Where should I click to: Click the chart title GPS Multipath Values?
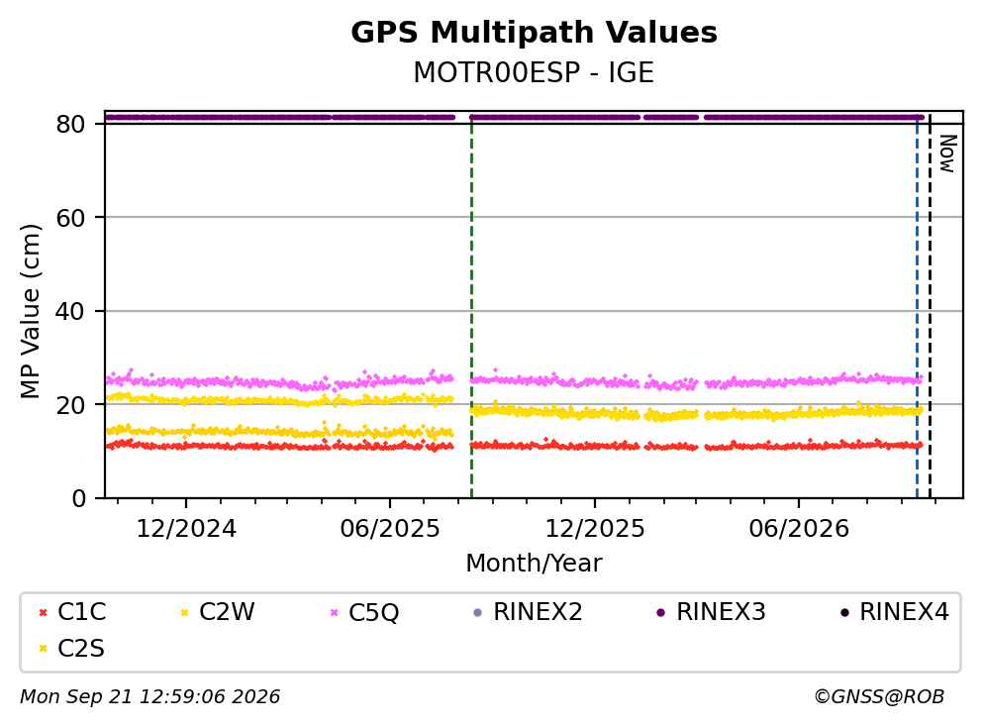tap(534, 33)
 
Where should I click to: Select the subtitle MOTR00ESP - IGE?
tap(534, 72)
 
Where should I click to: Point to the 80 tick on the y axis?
tap(70, 124)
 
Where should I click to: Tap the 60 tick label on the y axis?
tap(70, 218)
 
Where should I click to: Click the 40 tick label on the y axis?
tap(70, 311)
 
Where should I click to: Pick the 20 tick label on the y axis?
tap(70, 404)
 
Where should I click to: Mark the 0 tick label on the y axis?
tap(78, 498)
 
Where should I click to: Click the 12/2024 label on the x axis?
tap(186, 529)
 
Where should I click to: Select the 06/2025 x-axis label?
tap(390, 529)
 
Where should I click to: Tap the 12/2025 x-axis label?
tap(594, 529)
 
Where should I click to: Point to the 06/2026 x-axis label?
tap(799, 529)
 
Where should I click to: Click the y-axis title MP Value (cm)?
tap(30, 311)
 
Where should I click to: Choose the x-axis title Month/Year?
tap(534, 564)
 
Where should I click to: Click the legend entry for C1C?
tap(71, 612)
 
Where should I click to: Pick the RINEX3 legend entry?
tap(711, 612)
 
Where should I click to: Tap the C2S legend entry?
tap(71, 649)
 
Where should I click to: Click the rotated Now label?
tap(948, 154)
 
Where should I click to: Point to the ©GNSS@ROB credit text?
tap(879, 697)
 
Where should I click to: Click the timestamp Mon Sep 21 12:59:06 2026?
tap(150, 697)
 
